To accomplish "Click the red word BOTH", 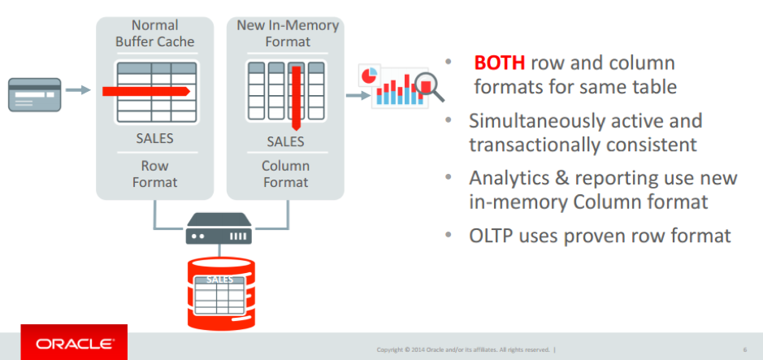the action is [x=499, y=63].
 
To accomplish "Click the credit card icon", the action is [x=35, y=95].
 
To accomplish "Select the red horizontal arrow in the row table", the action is [x=146, y=91].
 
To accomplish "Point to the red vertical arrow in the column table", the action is [x=296, y=98].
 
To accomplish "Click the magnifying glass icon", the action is [x=430, y=87].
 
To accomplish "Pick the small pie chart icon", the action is [x=369, y=76].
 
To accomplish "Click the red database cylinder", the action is [x=221, y=293].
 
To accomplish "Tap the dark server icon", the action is [x=219, y=228].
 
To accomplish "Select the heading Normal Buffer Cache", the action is [x=154, y=33].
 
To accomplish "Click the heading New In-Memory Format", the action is [x=288, y=33].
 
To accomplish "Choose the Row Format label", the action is [x=154, y=174].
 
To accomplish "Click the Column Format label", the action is [x=286, y=174].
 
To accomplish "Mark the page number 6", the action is [x=745, y=349].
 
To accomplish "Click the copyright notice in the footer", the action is [x=465, y=349].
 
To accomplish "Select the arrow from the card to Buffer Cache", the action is [x=78, y=89].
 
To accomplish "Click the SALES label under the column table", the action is [x=286, y=141].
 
